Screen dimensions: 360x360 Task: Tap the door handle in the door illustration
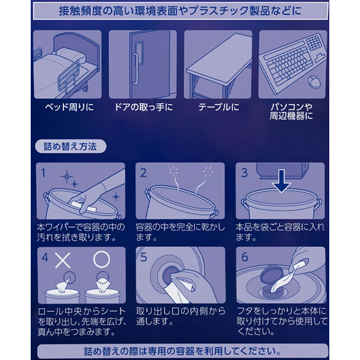(135, 69)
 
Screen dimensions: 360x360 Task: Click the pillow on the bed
(69, 55)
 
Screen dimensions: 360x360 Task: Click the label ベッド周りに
(70, 107)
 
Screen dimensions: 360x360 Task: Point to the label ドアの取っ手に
(143, 107)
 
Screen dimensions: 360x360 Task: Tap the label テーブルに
(219, 107)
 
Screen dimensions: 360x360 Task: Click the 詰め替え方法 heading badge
(70, 146)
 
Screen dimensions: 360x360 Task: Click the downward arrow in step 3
(282, 181)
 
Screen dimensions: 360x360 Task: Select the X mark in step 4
(63, 259)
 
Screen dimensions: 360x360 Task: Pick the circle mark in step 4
(102, 259)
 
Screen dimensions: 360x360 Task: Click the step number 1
(43, 173)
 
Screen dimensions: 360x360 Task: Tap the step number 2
(143, 173)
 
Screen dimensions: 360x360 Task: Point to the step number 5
(143, 257)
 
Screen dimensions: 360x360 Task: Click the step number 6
(245, 256)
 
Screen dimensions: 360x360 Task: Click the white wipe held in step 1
(83, 206)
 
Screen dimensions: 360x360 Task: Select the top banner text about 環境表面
(180, 11)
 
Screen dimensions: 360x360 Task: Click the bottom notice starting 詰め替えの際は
(182, 352)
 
